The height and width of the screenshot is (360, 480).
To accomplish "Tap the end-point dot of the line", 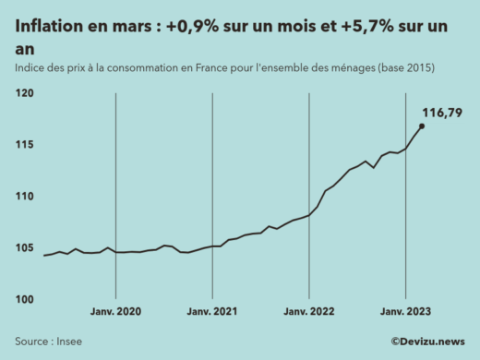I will click(x=422, y=126).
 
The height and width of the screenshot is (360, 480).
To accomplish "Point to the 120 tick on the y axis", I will click(x=24, y=93).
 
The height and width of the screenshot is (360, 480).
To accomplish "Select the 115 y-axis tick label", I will click(x=24, y=145).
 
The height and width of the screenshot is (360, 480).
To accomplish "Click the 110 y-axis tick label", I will click(x=24, y=197).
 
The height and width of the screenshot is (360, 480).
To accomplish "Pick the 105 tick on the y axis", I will click(x=24, y=248).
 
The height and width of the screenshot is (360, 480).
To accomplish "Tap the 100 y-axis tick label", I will click(x=24, y=300).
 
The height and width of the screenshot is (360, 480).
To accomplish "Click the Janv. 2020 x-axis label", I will click(x=115, y=312).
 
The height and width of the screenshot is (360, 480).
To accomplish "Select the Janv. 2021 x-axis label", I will click(x=212, y=312).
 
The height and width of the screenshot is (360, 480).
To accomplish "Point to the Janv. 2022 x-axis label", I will click(x=308, y=312).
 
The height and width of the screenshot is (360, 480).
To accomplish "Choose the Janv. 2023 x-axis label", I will click(x=405, y=312).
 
